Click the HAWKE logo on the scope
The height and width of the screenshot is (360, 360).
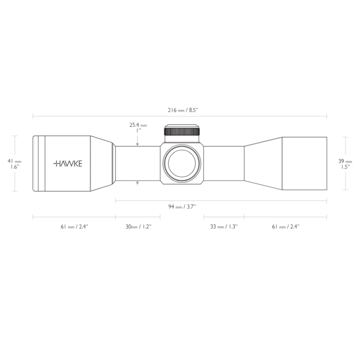[x=68, y=164]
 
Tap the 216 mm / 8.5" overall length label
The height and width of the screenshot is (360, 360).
[x=180, y=110]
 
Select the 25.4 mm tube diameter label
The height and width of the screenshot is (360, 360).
[x=138, y=125]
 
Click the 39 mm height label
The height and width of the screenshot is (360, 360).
[x=345, y=161]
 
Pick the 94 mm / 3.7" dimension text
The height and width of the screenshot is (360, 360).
[x=182, y=206]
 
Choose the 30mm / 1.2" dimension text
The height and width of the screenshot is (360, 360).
[x=138, y=226]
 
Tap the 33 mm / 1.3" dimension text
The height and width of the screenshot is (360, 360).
[x=224, y=226]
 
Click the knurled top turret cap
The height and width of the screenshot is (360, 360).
[x=182, y=132]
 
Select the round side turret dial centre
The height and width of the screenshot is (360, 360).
[x=182, y=164]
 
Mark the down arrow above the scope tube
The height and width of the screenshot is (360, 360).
[x=138, y=144]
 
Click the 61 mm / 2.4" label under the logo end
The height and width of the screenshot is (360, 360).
[x=74, y=226]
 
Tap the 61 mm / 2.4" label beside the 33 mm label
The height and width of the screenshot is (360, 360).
[x=286, y=226]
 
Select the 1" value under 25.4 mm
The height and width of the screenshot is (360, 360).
[x=138, y=130]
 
